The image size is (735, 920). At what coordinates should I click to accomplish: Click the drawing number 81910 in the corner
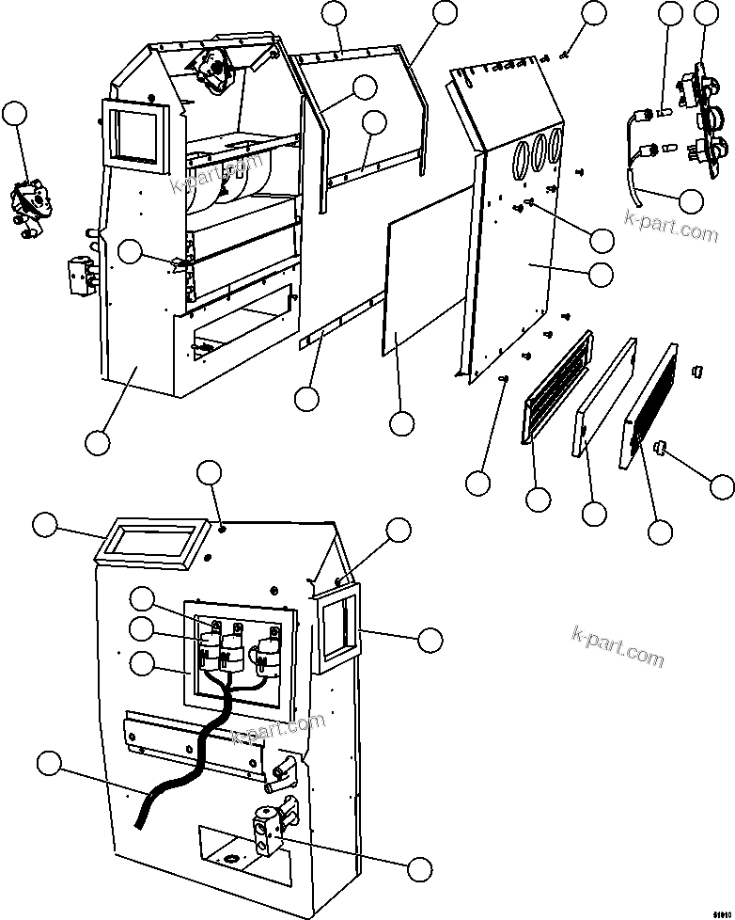coord(717,907)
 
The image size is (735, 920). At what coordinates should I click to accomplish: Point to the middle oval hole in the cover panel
coord(539,150)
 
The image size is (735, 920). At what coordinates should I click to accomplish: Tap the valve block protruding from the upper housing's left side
coord(79,275)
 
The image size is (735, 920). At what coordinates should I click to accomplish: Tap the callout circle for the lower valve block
coord(420,866)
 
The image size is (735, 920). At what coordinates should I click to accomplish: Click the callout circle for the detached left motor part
coord(15,115)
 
